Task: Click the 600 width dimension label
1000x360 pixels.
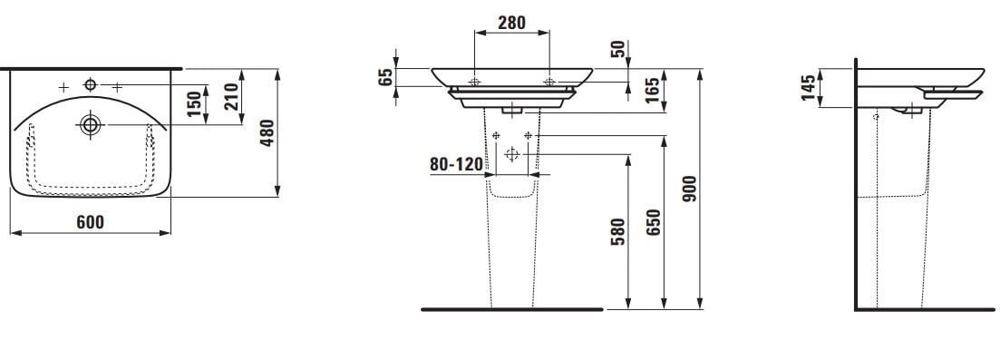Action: [90, 222]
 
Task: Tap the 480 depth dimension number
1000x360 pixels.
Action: [267, 132]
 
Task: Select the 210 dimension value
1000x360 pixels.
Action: [231, 96]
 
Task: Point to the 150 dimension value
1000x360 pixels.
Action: [195, 104]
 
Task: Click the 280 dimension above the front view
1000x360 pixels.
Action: [511, 23]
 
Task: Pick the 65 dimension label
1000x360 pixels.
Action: [386, 77]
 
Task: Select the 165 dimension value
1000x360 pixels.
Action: [653, 91]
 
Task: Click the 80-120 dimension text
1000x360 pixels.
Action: [456, 164]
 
